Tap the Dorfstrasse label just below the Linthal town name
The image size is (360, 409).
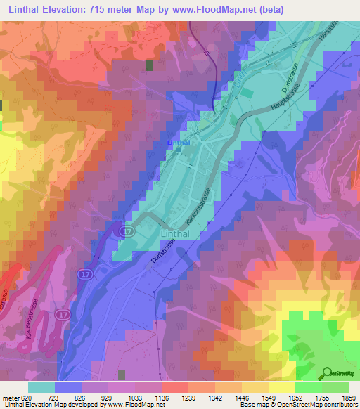[161, 250]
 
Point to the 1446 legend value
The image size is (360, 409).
[238, 397]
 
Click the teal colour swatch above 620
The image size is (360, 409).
[41, 387]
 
